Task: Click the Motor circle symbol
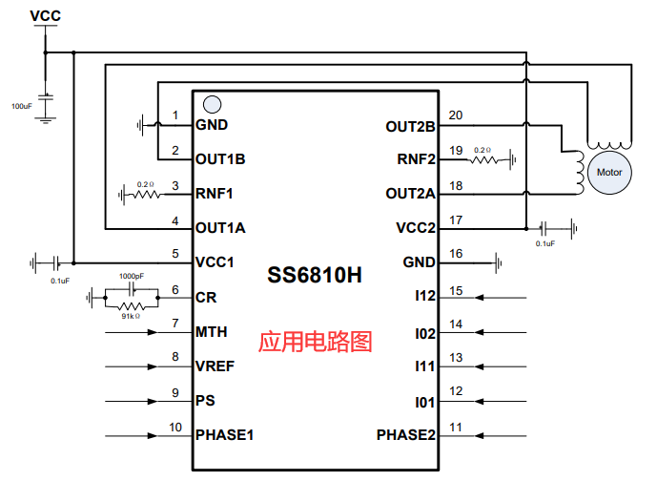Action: (x=608, y=173)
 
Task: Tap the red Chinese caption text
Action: (x=315, y=341)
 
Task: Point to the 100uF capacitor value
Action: (x=21, y=106)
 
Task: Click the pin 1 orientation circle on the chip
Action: (x=215, y=103)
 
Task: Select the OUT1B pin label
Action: (x=220, y=158)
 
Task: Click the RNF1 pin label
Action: (x=215, y=193)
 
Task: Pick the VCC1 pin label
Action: (x=215, y=261)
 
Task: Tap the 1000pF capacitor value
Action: (x=132, y=276)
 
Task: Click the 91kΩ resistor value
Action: (x=129, y=315)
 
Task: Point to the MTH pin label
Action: (x=211, y=331)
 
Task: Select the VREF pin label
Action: (x=215, y=366)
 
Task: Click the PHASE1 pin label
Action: (x=224, y=435)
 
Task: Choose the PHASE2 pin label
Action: (x=405, y=435)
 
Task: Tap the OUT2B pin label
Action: (x=410, y=125)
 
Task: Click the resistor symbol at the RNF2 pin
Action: (x=485, y=159)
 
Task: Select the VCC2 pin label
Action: (x=415, y=227)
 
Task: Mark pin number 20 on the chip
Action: (x=456, y=115)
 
